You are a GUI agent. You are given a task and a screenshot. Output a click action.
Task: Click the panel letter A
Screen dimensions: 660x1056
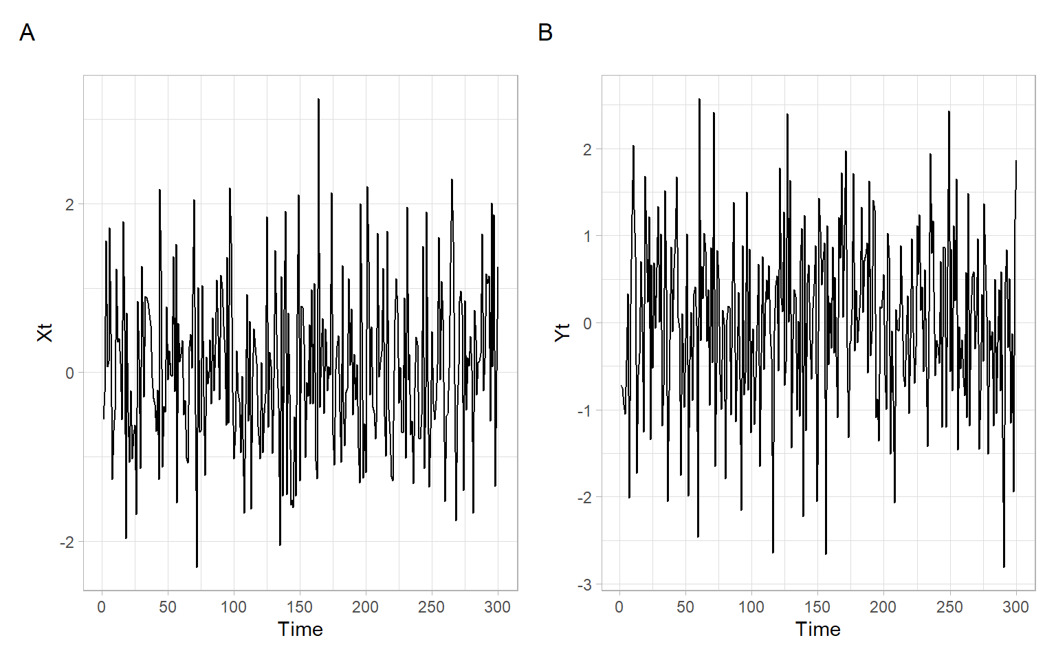27,32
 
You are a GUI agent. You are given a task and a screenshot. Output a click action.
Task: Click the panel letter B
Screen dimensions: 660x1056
545,32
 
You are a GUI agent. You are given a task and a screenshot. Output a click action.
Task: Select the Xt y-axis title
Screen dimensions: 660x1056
45,333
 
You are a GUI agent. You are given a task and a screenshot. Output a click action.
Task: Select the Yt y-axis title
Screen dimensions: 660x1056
562,333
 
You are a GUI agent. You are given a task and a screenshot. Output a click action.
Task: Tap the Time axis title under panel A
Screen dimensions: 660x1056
300,629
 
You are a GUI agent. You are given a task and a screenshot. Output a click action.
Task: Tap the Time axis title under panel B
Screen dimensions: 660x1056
818,629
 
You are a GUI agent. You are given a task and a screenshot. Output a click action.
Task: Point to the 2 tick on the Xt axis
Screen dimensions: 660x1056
69,204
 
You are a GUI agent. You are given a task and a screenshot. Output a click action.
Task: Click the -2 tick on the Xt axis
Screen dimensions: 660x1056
67,542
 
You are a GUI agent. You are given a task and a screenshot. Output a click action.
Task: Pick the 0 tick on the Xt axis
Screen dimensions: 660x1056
69,373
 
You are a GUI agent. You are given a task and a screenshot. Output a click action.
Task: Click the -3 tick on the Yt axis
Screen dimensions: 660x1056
584,585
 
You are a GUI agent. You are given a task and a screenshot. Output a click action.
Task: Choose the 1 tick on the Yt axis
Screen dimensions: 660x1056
587,236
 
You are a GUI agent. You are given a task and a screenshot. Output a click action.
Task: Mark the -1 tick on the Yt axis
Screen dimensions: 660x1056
584,410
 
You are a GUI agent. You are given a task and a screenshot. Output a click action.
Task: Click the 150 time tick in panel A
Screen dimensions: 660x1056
300,607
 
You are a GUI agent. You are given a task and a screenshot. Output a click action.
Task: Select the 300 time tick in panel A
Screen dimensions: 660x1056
497,607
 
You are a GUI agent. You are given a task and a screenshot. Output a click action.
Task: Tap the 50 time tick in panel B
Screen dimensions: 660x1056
685,607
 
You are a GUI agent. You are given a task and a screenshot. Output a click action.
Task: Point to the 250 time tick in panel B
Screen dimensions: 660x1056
949,607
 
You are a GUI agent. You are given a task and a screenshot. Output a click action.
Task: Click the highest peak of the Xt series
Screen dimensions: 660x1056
318,100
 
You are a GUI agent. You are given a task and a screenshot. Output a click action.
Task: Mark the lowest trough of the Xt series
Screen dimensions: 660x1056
197,566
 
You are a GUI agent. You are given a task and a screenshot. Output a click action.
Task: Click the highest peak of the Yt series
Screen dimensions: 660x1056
699,99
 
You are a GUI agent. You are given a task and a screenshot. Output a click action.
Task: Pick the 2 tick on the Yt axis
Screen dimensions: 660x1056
587,149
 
